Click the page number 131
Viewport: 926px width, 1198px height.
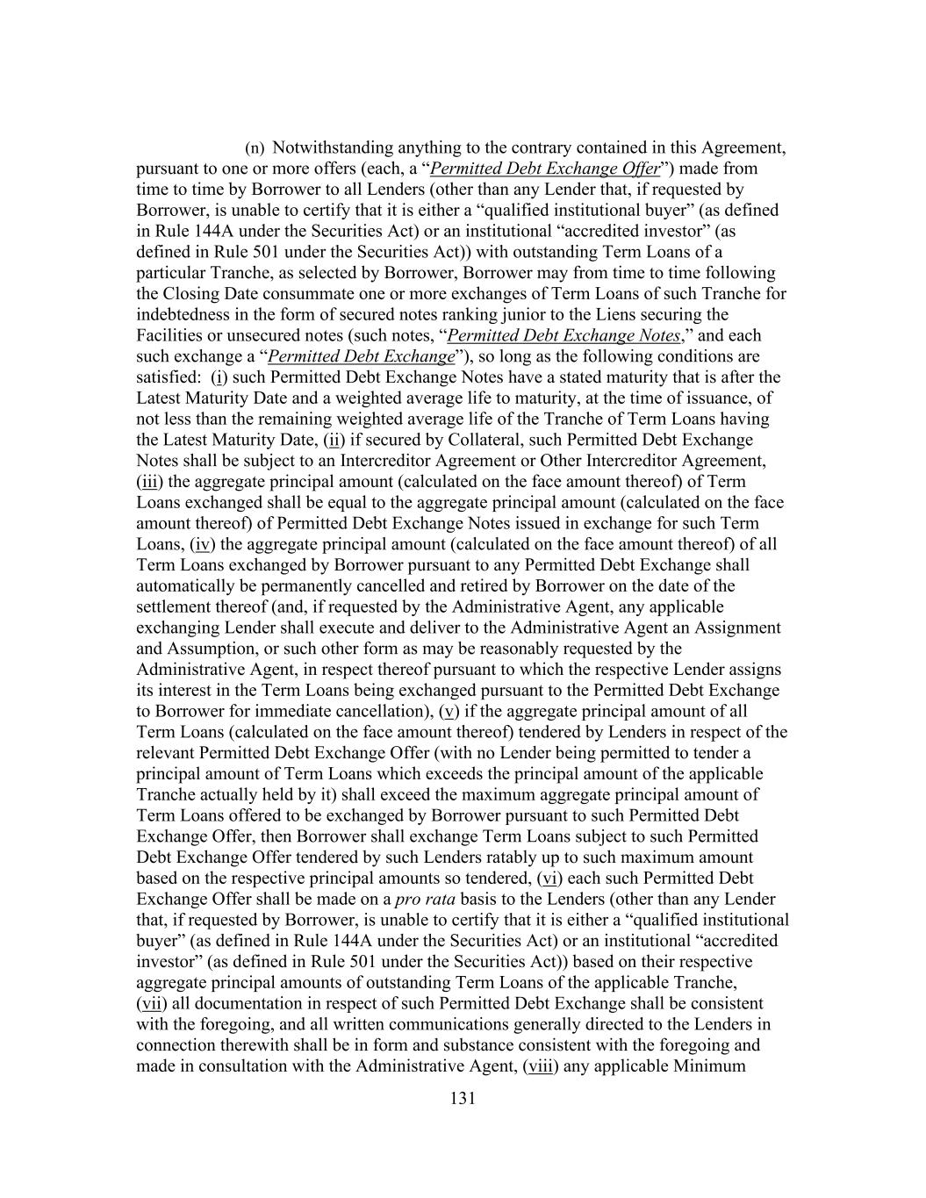(463, 1098)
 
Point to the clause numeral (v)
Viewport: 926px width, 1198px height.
(449, 711)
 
